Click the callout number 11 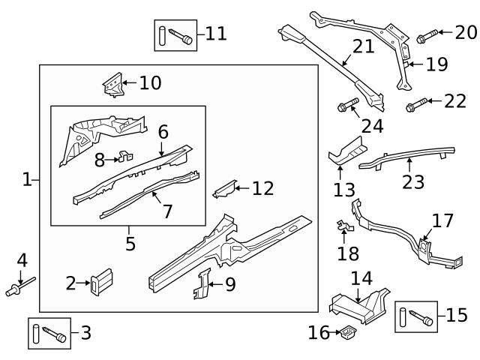coord(216,34)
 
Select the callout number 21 coord(363,47)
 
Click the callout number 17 coord(442,220)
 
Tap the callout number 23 coord(413,181)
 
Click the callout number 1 coord(27,179)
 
